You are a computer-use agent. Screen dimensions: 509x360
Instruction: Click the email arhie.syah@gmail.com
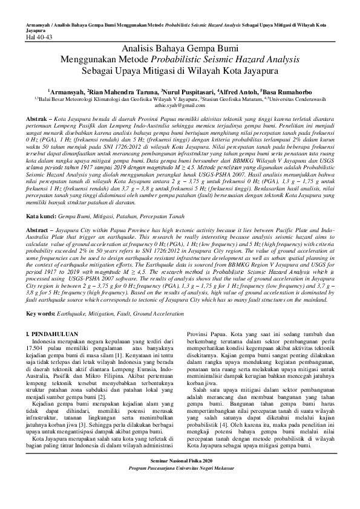pos(180,105)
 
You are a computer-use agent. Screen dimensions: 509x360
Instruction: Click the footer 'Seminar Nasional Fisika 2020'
pos(180,478)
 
